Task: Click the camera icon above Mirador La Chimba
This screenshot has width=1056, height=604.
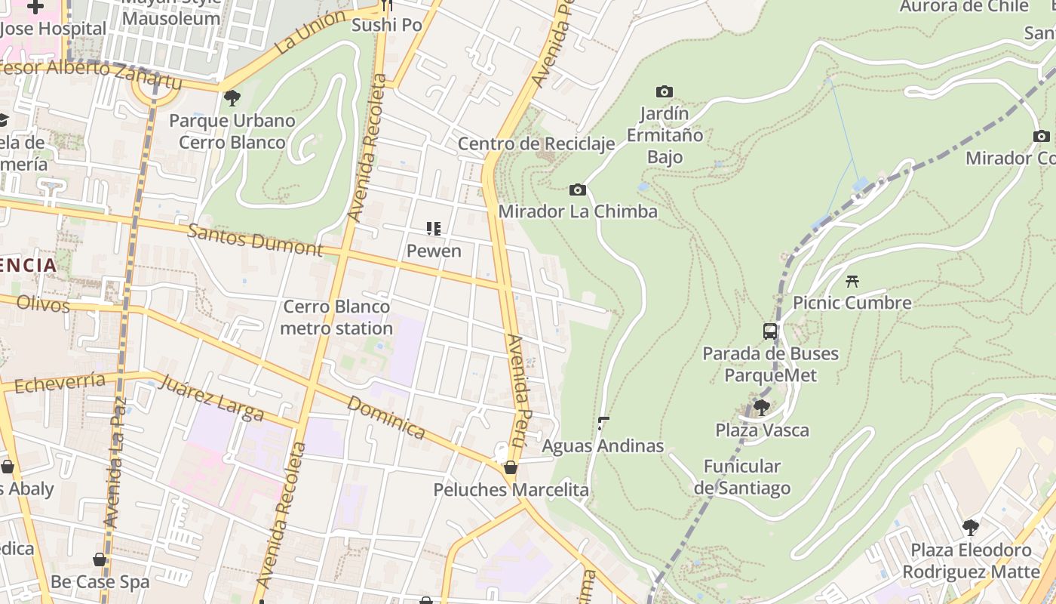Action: click(x=578, y=190)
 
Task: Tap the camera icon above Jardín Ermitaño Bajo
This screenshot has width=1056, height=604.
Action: click(x=664, y=91)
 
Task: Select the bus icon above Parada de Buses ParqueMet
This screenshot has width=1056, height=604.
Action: click(x=769, y=331)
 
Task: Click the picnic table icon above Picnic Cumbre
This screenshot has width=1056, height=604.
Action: click(x=852, y=281)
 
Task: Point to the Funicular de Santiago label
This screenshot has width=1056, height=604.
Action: click(x=742, y=476)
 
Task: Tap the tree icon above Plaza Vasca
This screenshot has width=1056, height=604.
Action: click(x=761, y=408)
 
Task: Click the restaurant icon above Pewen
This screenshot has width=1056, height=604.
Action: click(x=433, y=228)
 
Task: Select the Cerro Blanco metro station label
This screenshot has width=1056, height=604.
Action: click(x=336, y=317)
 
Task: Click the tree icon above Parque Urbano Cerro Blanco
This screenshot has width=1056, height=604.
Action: click(x=232, y=97)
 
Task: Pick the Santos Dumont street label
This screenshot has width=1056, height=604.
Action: click(x=255, y=239)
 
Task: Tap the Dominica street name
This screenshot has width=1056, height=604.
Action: click(x=386, y=417)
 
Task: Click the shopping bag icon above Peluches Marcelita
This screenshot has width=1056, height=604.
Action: click(x=511, y=467)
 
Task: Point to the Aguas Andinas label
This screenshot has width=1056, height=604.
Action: click(x=603, y=445)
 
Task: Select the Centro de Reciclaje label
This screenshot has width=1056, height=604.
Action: click(x=536, y=143)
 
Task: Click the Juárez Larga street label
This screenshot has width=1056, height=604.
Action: click(x=212, y=398)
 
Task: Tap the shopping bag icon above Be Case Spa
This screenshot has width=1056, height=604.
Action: click(x=100, y=559)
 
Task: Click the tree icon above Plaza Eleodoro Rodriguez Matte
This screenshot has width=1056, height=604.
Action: click(x=971, y=527)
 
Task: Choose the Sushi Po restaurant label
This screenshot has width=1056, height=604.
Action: click(x=387, y=25)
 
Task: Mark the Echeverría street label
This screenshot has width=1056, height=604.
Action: click(x=59, y=383)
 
